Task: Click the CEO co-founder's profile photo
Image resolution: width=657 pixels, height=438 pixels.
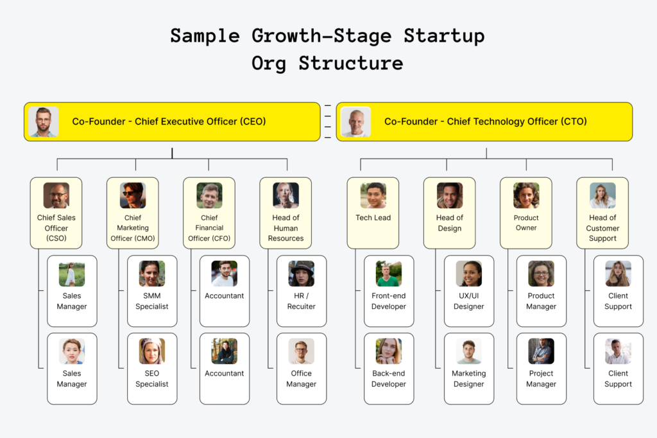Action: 44,121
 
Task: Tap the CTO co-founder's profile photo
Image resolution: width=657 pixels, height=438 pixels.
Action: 355,121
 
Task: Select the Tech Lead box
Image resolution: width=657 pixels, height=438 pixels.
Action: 373,213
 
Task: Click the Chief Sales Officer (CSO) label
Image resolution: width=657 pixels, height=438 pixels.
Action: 56,228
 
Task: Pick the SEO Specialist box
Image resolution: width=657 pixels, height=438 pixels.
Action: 152,369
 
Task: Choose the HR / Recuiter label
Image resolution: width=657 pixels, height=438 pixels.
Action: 302,301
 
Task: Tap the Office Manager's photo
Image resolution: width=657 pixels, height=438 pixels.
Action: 302,351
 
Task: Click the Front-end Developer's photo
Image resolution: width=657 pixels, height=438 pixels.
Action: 388,274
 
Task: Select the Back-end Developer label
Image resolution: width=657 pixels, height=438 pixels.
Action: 388,378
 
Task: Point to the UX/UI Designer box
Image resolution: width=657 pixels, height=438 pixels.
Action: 469,291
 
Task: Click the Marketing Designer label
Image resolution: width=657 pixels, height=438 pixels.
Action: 469,378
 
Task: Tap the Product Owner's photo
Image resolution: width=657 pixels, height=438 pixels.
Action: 526,195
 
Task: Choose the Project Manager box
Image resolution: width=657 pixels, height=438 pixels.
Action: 542,369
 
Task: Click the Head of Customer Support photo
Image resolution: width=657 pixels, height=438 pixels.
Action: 602,195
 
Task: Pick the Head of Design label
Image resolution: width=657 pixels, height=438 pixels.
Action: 450,223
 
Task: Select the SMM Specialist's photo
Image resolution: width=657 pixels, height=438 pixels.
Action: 152,274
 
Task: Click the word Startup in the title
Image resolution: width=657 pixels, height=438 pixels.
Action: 444,36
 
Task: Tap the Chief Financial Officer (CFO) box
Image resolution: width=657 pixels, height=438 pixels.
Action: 209,213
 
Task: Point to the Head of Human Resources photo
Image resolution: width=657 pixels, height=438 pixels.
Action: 286,195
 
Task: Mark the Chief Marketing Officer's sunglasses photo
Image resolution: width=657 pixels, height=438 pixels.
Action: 133,195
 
